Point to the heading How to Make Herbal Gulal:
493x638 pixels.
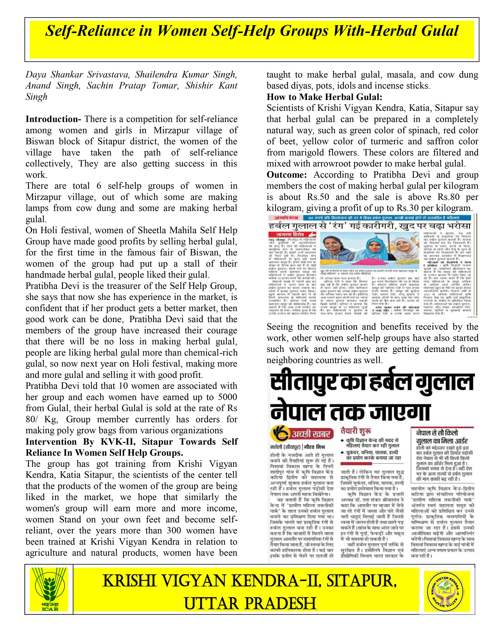tap(324, 97)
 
